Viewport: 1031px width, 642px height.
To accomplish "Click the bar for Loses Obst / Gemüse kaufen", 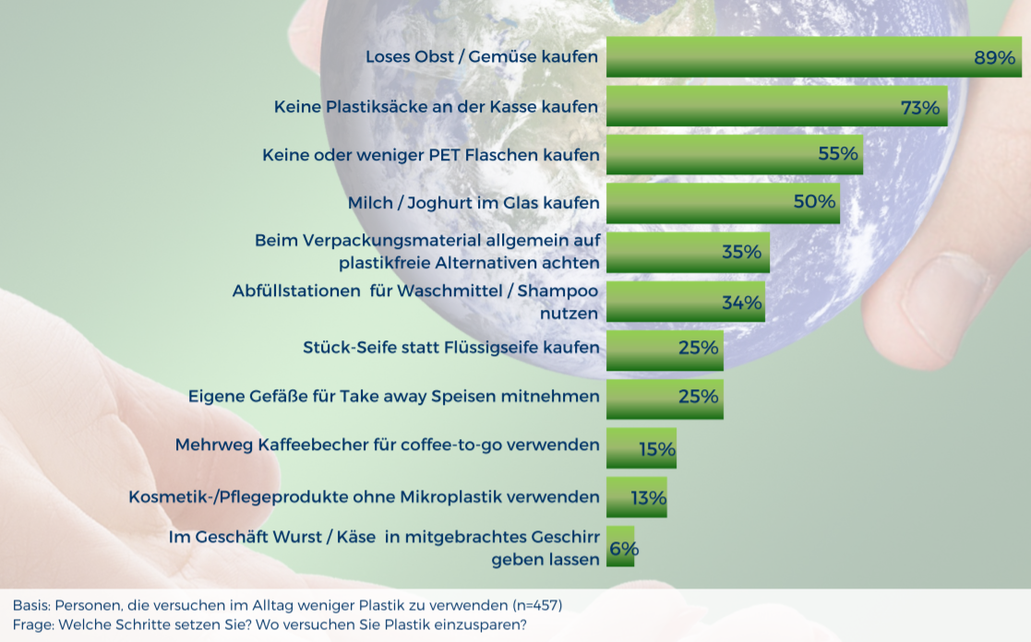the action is [x=814, y=57].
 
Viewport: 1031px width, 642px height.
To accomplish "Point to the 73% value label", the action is [x=920, y=107].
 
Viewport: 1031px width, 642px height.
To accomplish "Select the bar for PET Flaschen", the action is [x=735, y=154].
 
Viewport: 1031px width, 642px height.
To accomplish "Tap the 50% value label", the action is [x=814, y=201].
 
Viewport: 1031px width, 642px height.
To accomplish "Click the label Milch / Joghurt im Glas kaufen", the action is [x=474, y=203].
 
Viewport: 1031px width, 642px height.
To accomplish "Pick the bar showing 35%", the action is [x=688, y=253].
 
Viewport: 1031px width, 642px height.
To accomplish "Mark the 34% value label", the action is [x=742, y=303].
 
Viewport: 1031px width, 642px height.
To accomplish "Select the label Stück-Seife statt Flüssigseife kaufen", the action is [x=451, y=348].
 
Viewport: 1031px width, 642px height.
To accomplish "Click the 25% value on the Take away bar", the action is [x=699, y=397].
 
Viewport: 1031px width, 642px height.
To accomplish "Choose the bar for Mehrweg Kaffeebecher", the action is [x=641, y=448].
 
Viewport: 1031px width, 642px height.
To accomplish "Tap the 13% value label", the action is [x=648, y=498].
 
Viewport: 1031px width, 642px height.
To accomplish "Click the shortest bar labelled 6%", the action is [x=620, y=546].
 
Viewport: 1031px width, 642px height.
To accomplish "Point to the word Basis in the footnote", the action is [x=30, y=605].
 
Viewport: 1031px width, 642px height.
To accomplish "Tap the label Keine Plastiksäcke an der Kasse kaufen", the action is [x=436, y=106].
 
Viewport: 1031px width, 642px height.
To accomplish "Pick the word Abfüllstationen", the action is [x=296, y=291].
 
